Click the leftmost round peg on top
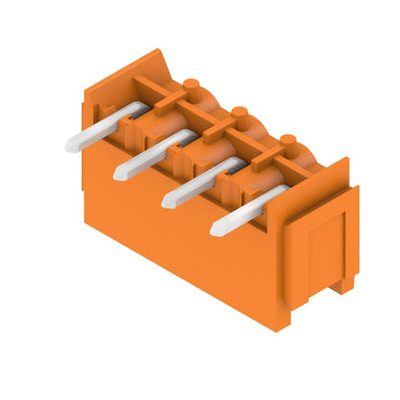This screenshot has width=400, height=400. [190, 87]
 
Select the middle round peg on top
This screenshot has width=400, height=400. [239, 112]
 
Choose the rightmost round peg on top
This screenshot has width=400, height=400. [288, 139]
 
